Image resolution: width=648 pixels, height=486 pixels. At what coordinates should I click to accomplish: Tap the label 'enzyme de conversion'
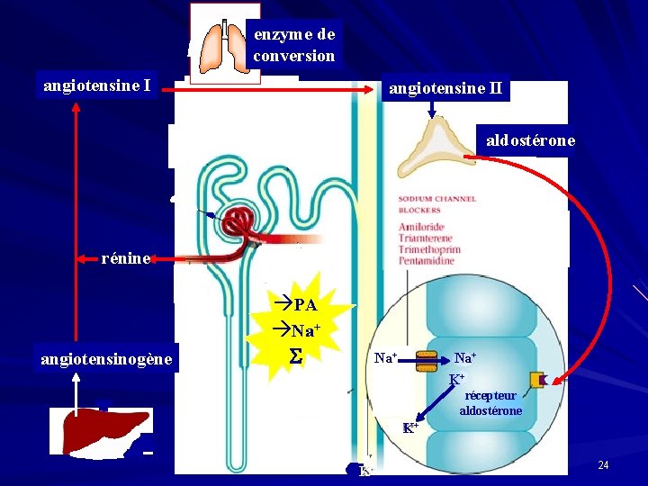pyautogui.click(x=294, y=45)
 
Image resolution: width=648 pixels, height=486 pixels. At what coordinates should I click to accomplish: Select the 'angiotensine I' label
pyautogui.click(x=96, y=86)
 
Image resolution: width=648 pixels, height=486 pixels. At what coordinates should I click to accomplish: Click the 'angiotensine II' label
pyautogui.click(x=445, y=89)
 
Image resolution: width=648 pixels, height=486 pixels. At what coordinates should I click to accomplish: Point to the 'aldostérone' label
pyautogui.click(x=530, y=140)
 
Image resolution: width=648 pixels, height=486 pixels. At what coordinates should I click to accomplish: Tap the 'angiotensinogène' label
pyautogui.click(x=106, y=360)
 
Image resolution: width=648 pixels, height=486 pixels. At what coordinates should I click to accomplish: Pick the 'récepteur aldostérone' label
pyautogui.click(x=490, y=403)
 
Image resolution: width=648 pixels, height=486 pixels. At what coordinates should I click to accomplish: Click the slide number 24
pyautogui.click(x=603, y=464)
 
